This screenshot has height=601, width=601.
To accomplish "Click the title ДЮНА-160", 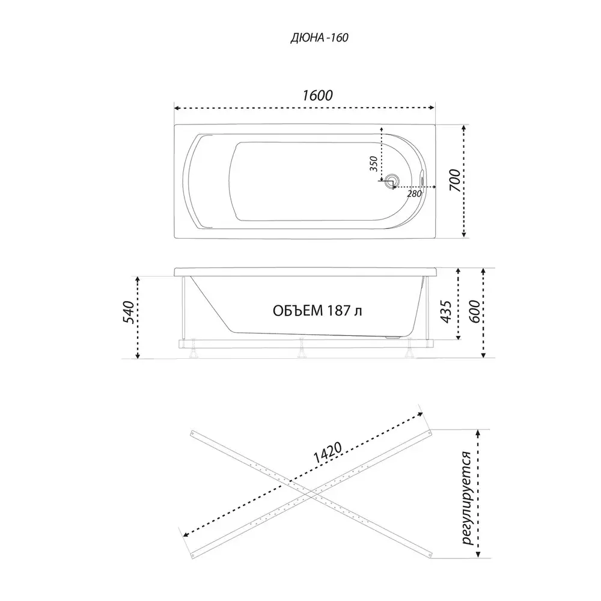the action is (319, 37).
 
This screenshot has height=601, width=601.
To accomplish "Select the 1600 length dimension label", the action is (317, 95).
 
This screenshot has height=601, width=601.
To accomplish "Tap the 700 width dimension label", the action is (455, 180).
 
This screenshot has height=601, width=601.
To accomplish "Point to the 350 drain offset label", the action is (374, 163).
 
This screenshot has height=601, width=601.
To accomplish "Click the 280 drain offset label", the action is (414, 194).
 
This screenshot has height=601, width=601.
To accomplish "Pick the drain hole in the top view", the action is (391, 180).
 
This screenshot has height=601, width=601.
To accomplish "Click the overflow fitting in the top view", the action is (423, 179).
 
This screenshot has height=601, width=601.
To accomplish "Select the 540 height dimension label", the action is (129, 313).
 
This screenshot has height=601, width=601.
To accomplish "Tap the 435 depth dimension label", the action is (446, 312).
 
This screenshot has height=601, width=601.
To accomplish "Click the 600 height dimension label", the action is (474, 311).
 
